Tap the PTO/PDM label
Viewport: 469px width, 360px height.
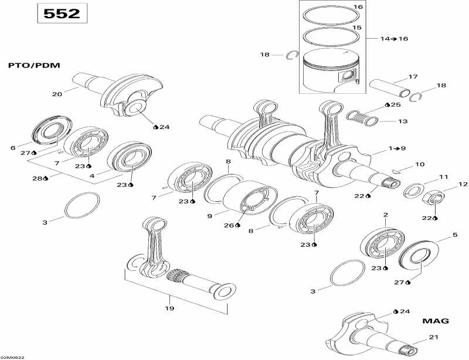tap(34, 65)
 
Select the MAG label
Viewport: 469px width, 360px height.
tap(435, 321)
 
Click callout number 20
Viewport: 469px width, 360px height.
tap(57, 94)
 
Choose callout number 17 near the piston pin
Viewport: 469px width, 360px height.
tap(413, 77)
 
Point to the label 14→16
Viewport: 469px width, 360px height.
tap(394, 39)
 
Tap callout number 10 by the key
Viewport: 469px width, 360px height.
tap(420, 164)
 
